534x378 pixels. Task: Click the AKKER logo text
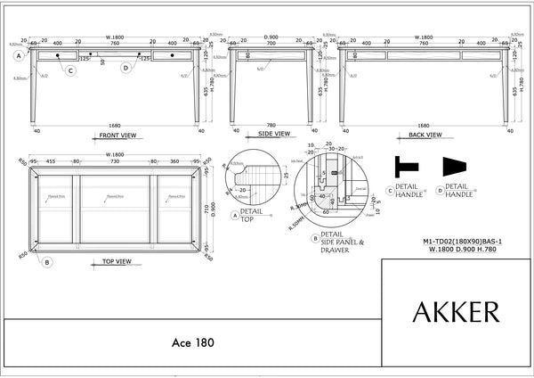pyautogui.click(x=456, y=312)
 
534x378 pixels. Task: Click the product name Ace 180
pyautogui.click(x=192, y=341)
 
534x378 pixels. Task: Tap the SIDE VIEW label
pyautogui.click(x=274, y=134)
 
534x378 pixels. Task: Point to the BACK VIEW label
pyautogui.click(x=424, y=134)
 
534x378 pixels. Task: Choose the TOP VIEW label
pyautogui.click(x=117, y=262)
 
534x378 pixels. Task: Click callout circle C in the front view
pyautogui.click(x=70, y=70)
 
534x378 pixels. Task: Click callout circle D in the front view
pyautogui.click(x=125, y=67)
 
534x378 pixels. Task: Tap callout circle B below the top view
pyautogui.click(x=47, y=262)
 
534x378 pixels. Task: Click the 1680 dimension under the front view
pyautogui.click(x=115, y=126)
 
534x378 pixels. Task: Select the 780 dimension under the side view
pyautogui.click(x=271, y=126)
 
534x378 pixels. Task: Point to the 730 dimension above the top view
pyautogui.click(x=115, y=162)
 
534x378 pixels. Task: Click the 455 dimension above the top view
pyautogui.click(x=51, y=162)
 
